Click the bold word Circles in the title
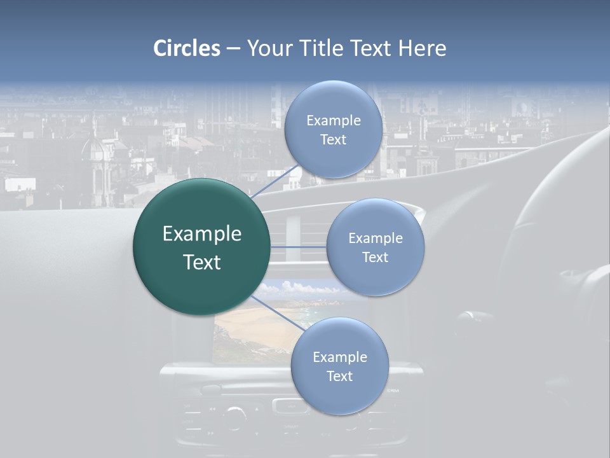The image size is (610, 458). pos(187,48)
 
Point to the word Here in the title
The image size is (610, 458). pos(422,48)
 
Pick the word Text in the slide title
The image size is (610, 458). pos(372,48)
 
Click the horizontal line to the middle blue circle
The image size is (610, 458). pos(299,247)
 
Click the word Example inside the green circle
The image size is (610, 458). pos(202,233)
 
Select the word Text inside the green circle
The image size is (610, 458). pos(202,262)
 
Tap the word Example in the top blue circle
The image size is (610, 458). pos(334,120)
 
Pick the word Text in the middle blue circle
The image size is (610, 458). pos(376,257)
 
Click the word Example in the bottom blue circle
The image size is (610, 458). pos(340,357)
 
